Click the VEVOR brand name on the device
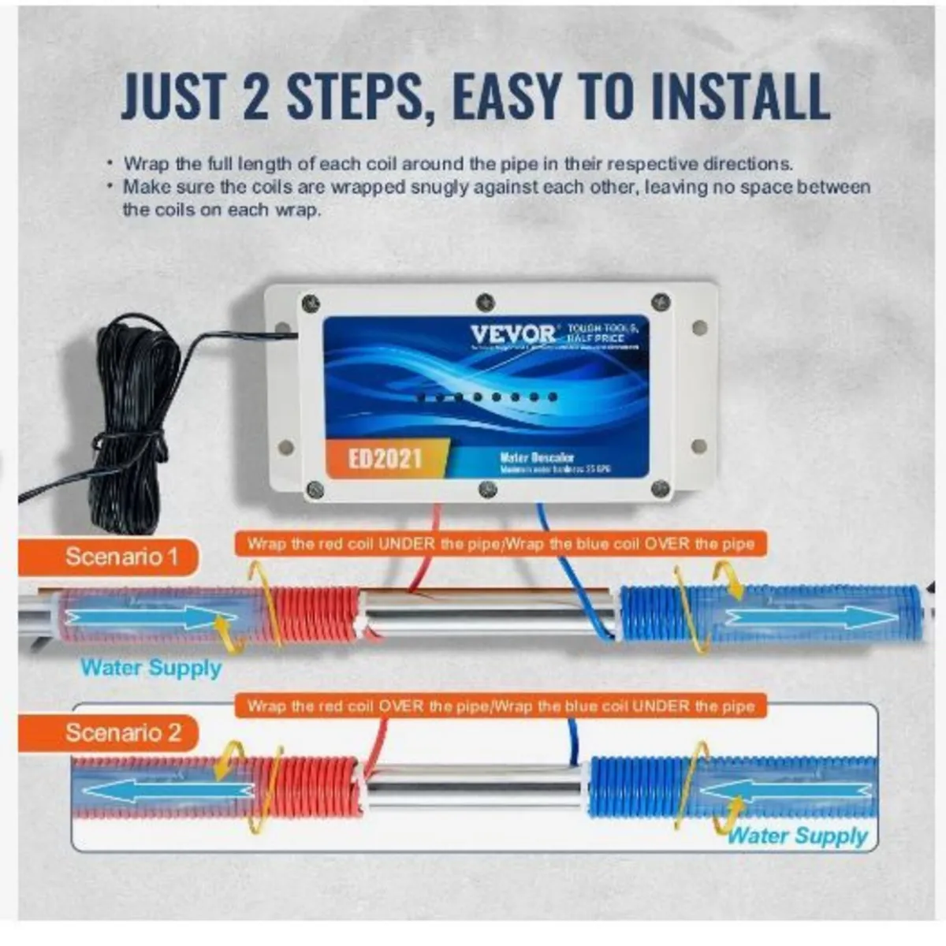[513, 333]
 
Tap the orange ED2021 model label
[385, 458]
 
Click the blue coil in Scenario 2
[631, 784]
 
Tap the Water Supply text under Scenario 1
[151, 668]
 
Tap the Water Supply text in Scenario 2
[797, 836]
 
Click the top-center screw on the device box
[486, 302]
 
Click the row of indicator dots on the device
[486, 397]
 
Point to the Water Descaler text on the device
[537, 457]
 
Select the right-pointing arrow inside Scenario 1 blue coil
[796, 616]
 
